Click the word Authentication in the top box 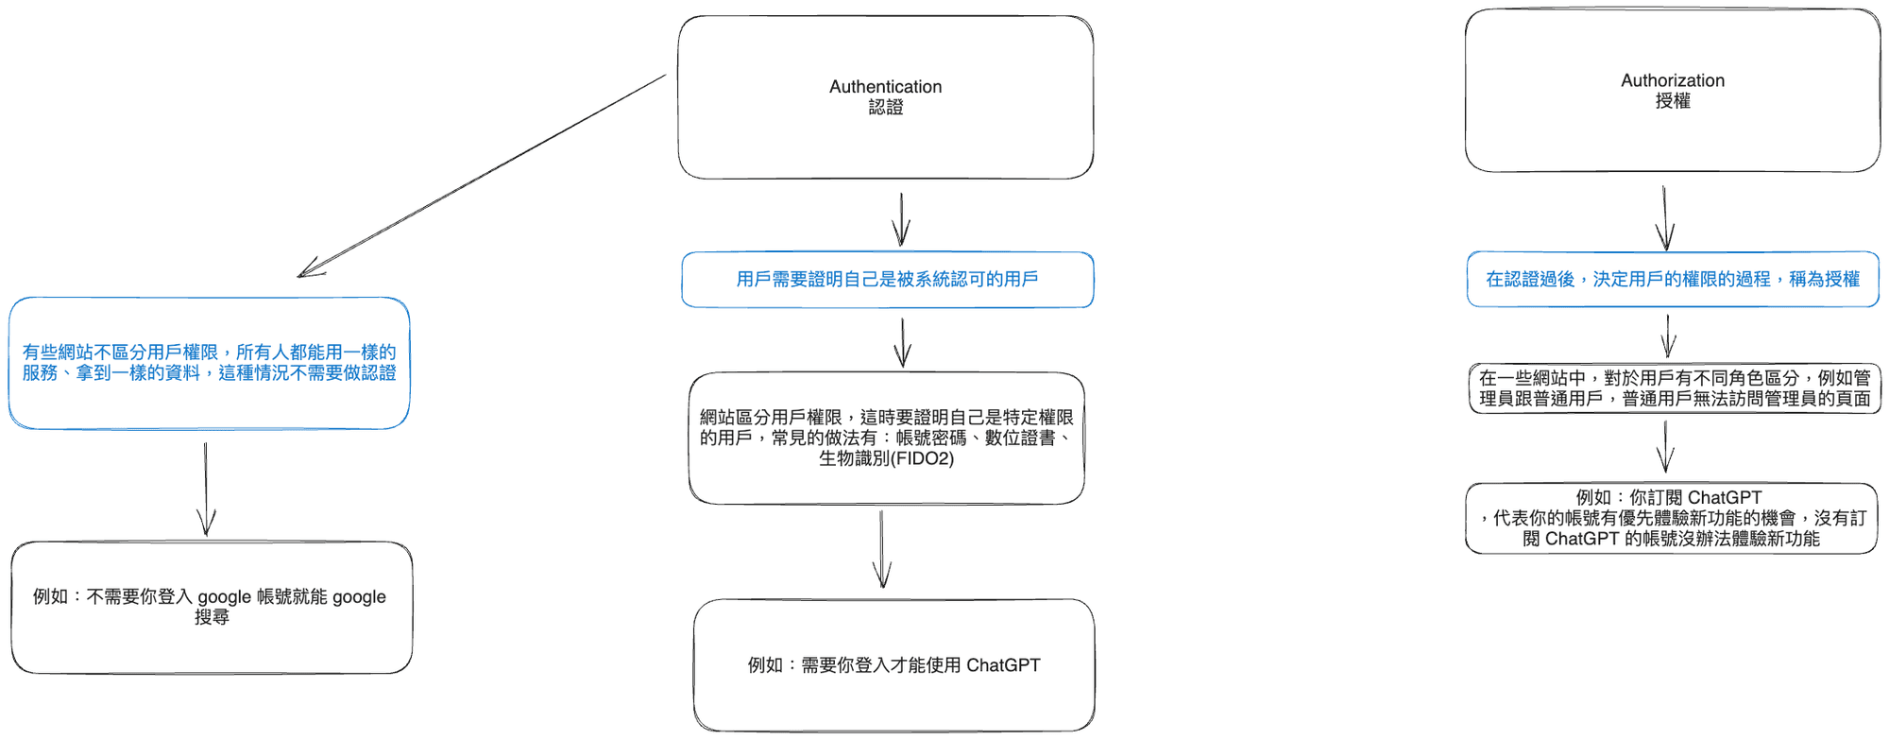click(x=885, y=87)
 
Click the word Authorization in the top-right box click(x=1672, y=80)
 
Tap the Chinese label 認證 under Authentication click(x=885, y=108)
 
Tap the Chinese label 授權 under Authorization click(x=1672, y=101)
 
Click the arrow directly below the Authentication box click(x=902, y=219)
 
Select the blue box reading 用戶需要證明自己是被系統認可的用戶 click(x=887, y=280)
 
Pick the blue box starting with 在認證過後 click(x=1672, y=280)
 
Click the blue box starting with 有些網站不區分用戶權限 click(x=209, y=363)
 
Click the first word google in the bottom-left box click(x=224, y=597)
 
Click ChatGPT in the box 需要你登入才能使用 click(x=1003, y=665)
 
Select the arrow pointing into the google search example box click(x=206, y=490)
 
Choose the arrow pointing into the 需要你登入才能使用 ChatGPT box click(x=882, y=550)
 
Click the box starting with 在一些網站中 click(x=1674, y=388)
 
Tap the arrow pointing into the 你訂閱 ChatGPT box click(x=1666, y=447)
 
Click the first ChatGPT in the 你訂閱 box click(x=1724, y=498)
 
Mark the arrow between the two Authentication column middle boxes click(x=903, y=342)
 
